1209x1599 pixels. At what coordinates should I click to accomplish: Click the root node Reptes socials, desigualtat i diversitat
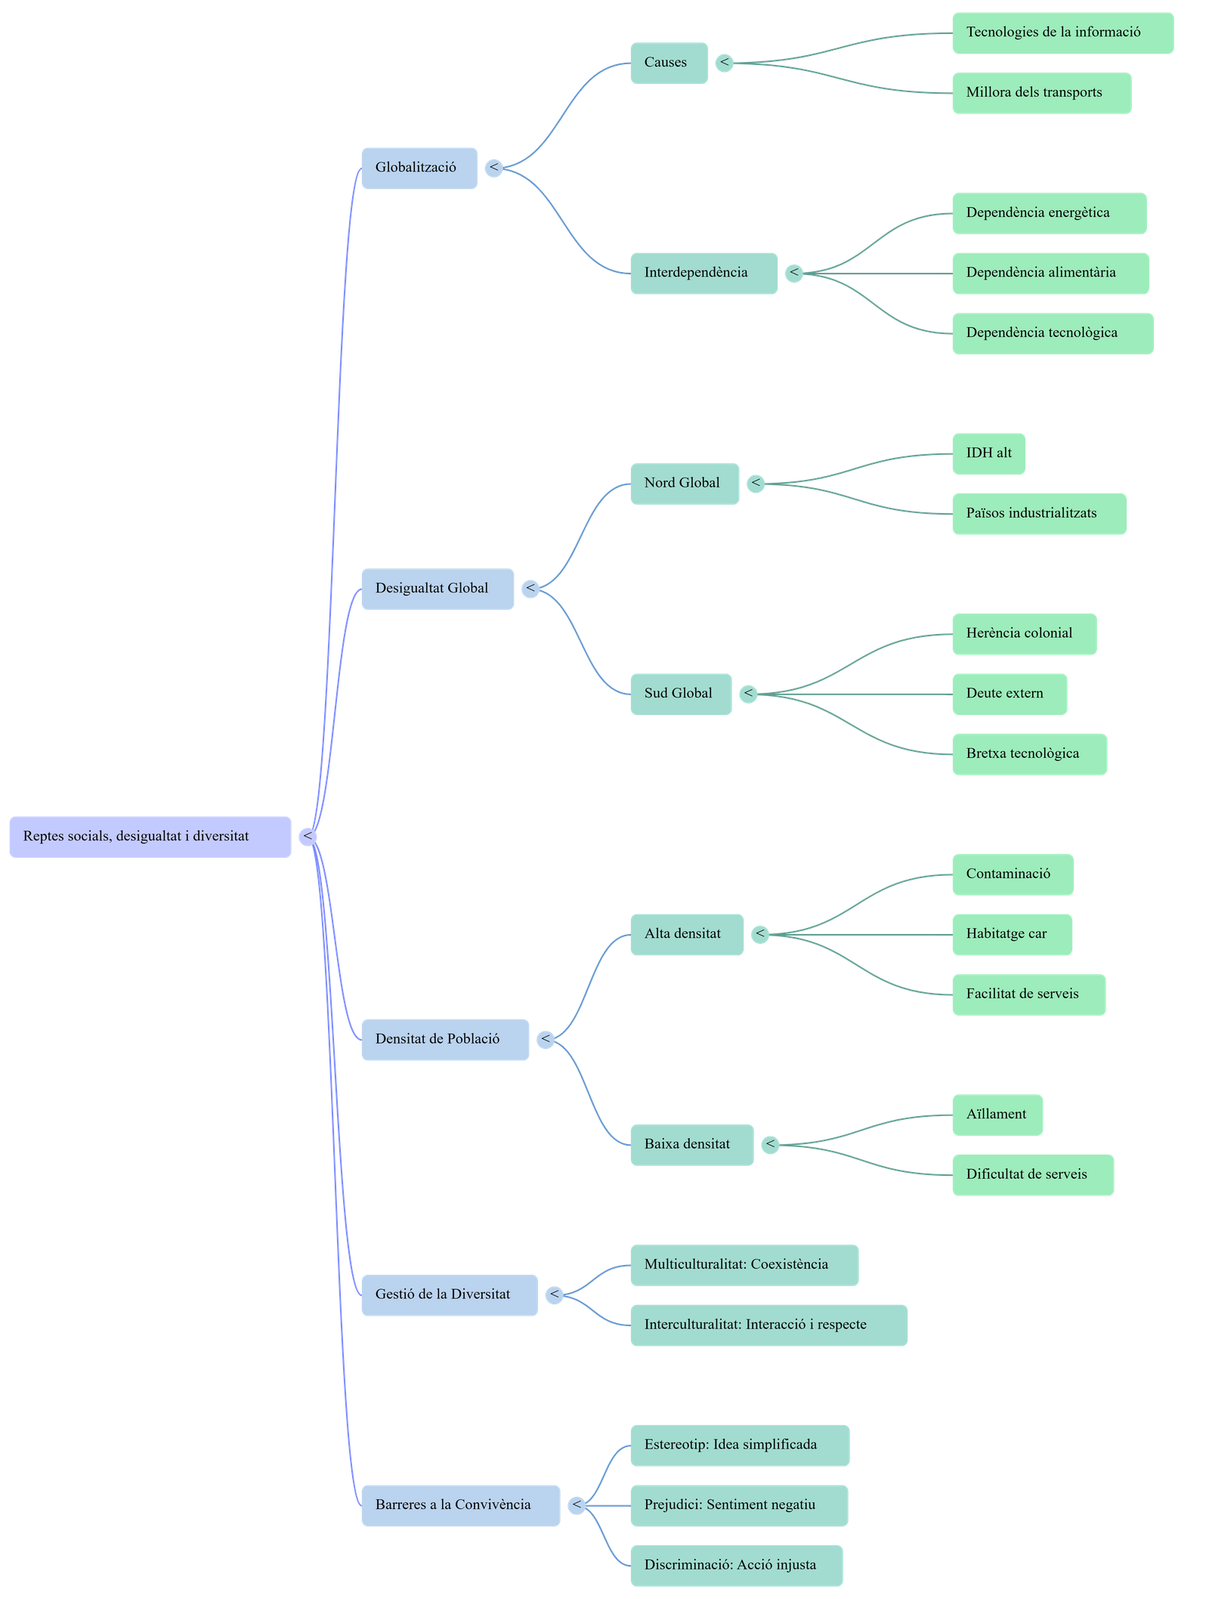(150, 837)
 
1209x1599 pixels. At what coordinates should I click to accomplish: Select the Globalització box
(419, 168)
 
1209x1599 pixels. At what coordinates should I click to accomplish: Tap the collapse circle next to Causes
(725, 63)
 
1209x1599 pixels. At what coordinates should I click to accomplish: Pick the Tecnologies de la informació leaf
(1062, 32)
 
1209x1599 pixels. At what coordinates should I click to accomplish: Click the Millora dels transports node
(1040, 93)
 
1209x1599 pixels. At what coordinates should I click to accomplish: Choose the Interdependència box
(703, 273)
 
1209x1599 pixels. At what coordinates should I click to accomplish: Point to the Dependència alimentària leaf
(1050, 273)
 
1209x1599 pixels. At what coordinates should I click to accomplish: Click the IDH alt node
(988, 453)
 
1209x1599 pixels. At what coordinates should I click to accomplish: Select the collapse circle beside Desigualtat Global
(530, 589)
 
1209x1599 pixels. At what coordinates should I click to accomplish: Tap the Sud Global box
(680, 694)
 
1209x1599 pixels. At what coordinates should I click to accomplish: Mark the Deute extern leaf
(1009, 694)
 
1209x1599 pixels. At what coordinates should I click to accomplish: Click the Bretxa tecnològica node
(1028, 753)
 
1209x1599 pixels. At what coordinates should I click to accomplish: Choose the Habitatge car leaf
(1011, 934)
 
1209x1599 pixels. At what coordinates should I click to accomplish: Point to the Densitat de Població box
(444, 1039)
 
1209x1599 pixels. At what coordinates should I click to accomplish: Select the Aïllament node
(997, 1115)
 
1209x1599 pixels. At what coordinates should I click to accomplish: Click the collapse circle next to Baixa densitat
(770, 1145)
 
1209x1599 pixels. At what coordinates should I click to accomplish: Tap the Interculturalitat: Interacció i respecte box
(768, 1325)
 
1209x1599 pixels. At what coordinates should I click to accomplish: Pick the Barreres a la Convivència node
(459, 1505)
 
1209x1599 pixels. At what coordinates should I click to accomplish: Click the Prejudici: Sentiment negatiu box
(738, 1505)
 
